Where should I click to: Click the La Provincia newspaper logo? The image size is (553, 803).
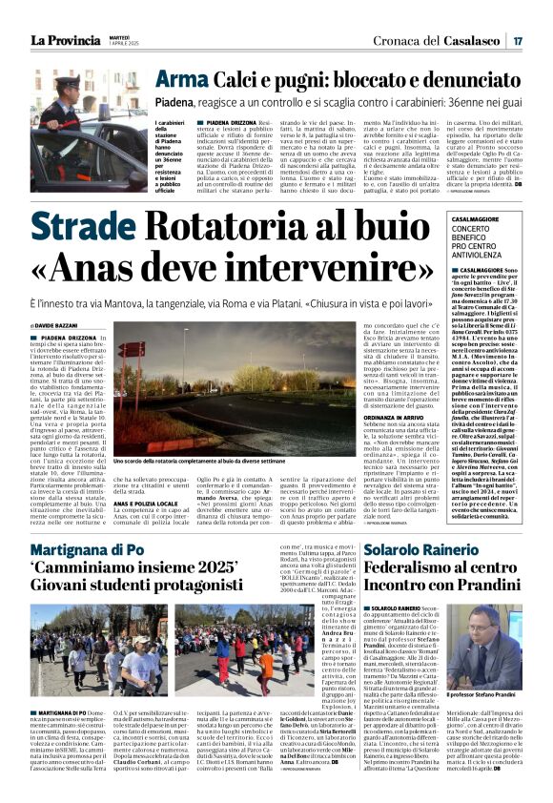point(63,40)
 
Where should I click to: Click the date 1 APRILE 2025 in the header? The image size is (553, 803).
point(125,44)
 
